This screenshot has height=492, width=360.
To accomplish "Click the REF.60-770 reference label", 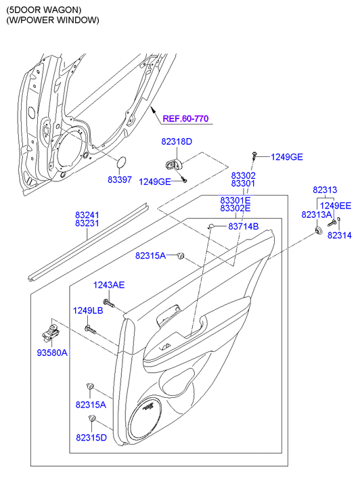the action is [x=185, y=118].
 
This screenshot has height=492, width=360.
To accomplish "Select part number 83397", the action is [x=120, y=180].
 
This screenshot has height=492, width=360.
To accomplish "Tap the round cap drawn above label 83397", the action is [x=121, y=162].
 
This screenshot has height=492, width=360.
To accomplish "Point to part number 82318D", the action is [x=177, y=142].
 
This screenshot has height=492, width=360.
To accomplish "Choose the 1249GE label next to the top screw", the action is [x=287, y=157].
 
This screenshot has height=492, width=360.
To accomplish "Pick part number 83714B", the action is [x=243, y=226].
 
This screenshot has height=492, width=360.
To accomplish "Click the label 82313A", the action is [x=317, y=215].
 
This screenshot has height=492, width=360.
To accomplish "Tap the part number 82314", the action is [x=340, y=235].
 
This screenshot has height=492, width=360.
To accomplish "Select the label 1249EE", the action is [x=336, y=206].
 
